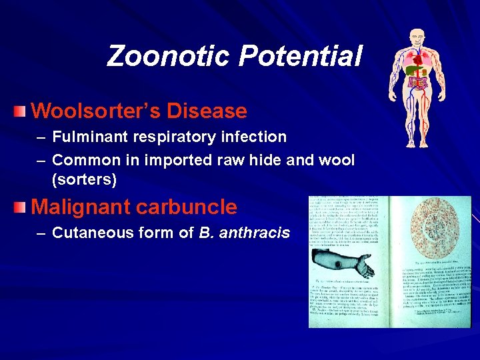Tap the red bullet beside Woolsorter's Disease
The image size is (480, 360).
click(x=23, y=110)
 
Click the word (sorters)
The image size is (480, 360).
click(x=84, y=179)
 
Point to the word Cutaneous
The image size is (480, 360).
click(x=89, y=233)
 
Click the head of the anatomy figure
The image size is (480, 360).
click(x=418, y=38)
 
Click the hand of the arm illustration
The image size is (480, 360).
click(x=363, y=267)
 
